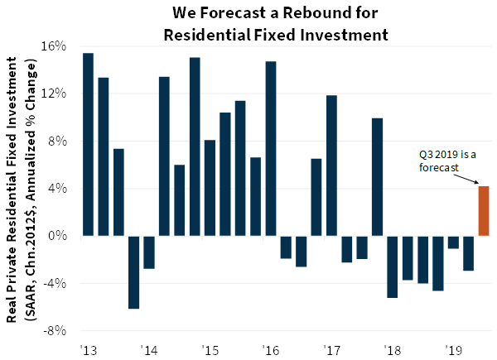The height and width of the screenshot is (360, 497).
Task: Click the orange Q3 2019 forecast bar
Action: click(484, 211)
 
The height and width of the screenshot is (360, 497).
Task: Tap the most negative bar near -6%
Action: click(133, 272)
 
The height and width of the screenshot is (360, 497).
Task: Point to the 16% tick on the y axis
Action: click(55, 46)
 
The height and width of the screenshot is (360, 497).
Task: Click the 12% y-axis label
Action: click(55, 94)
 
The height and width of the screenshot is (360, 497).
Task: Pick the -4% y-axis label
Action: click(55, 283)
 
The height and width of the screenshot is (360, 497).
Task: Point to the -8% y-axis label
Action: click(55, 331)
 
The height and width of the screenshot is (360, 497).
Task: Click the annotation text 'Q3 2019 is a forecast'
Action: click(447, 160)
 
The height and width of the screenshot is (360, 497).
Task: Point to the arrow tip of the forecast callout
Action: click(480, 184)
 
